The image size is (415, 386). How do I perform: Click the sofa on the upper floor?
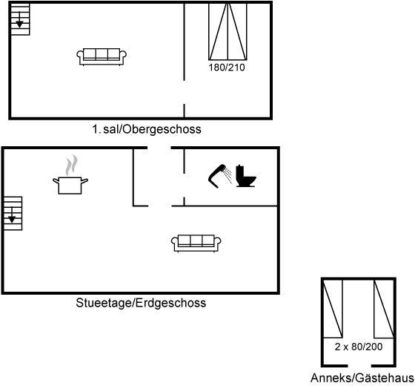pos(102,56)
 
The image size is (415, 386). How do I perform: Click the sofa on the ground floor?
pos(196,243)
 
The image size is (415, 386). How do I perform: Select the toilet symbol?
pos(246,176)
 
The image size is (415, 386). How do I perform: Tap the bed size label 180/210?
pos(227,68)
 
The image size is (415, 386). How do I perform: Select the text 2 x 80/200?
pos(359,347)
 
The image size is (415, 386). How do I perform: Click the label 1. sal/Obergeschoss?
pos(147,129)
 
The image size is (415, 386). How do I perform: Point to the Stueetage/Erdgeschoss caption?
pos(141,303)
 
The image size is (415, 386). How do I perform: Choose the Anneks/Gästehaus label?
pos(362,378)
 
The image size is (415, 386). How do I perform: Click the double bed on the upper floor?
pos(228,31)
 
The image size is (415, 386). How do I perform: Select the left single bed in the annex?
pos(333,309)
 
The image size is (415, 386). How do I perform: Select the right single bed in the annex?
pos(384,309)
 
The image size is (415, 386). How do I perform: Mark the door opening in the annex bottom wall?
pos(359,366)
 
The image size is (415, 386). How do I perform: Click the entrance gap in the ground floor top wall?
pos(159,148)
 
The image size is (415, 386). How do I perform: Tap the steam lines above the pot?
pos(71,166)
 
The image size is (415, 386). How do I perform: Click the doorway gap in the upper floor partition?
pos(185,92)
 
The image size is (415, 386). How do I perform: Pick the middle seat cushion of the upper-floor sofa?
pos(102,53)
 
